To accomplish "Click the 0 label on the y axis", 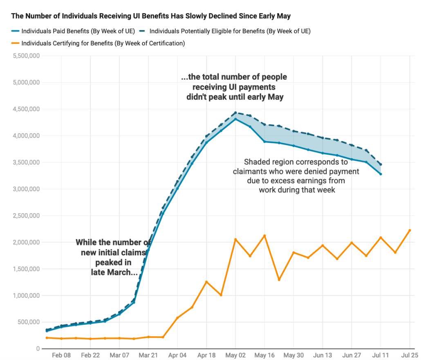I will (x=37, y=349).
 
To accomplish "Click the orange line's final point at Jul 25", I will (x=410, y=230).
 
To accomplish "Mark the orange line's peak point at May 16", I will (x=264, y=236).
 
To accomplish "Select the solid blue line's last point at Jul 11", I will (x=381, y=174).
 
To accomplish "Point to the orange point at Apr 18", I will (x=206, y=282).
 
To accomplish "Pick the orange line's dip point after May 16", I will (x=279, y=279).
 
